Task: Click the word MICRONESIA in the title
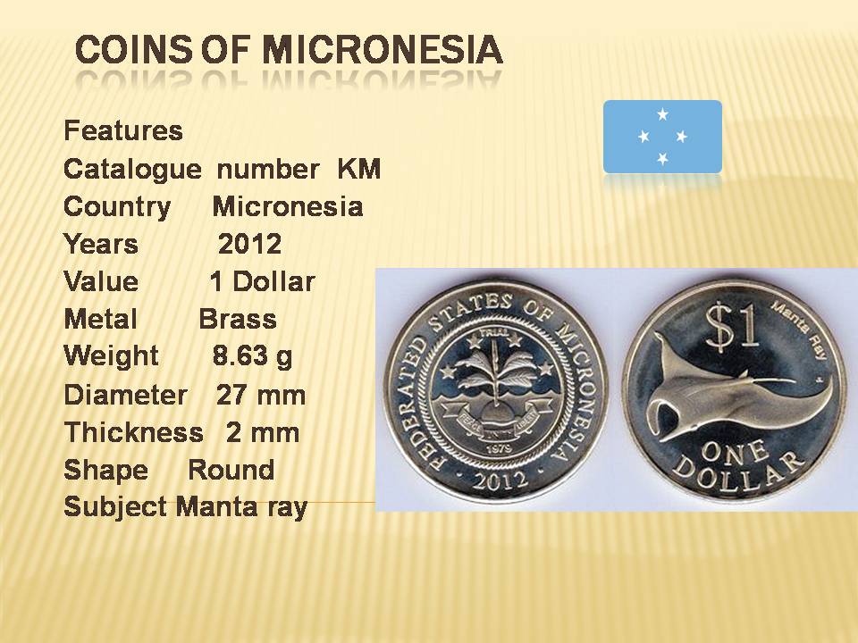383,49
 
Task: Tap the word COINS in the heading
133,49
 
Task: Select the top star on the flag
662,114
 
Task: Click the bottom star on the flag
662,159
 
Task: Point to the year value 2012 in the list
250,244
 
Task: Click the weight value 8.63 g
252,356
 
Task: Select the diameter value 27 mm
261,395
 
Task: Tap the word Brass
238,320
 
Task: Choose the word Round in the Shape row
231,471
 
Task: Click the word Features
123,131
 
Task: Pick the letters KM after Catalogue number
359,169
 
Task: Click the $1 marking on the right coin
732,327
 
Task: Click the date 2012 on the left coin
500,480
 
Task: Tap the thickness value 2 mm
263,432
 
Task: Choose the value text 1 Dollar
262,282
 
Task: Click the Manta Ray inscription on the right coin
799,330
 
